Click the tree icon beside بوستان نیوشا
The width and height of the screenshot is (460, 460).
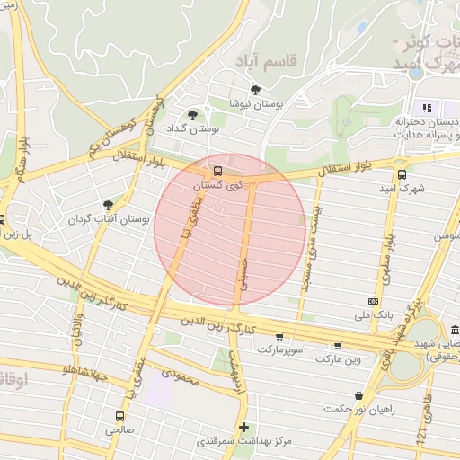tap(256, 90)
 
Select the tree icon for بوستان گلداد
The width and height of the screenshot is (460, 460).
tap(192, 115)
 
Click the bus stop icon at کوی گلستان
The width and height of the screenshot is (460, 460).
tap(217, 171)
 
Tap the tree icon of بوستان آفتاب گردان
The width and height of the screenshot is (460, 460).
tap(109, 205)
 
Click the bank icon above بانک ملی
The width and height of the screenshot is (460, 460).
tap(373, 302)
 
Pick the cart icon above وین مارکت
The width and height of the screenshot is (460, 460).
tap(338, 345)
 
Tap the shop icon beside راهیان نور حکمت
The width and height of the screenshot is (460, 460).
tap(359, 394)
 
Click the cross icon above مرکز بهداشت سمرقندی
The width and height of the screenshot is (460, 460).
tap(243, 426)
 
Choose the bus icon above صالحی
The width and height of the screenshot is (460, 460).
tap(119, 416)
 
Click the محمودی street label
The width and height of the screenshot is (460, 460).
tap(182, 372)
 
